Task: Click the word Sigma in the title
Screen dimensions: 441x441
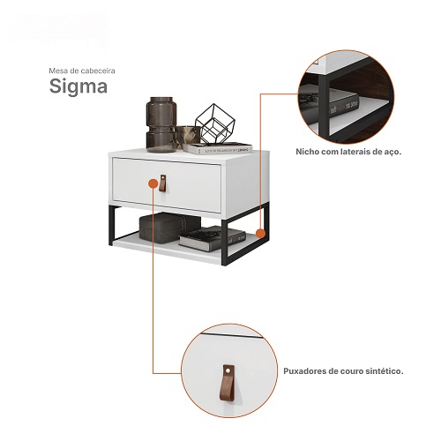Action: (x=78, y=87)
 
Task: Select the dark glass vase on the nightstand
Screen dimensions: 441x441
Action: (x=161, y=124)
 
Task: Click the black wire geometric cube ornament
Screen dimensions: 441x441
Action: (x=215, y=123)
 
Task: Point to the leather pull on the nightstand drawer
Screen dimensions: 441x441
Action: (x=162, y=183)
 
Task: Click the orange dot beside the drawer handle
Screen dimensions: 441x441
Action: (x=153, y=184)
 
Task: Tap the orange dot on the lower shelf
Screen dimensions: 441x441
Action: (x=260, y=234)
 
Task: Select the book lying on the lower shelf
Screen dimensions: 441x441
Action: (x=213, y=238)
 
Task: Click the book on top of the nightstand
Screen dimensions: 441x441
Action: (x=218, y=148)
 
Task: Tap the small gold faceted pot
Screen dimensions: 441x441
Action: (x=187, y=136)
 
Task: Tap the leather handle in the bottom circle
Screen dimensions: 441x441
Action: (x=228, y=383)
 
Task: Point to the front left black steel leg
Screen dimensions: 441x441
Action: (x=111, y=226)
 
